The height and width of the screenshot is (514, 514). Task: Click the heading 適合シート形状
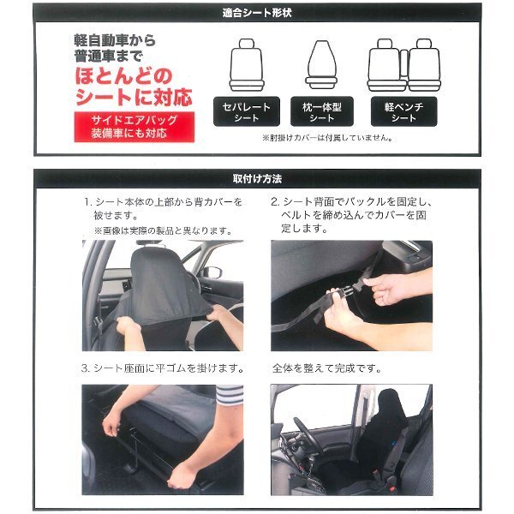click(257, 13)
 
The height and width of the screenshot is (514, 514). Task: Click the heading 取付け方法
click(257, 179)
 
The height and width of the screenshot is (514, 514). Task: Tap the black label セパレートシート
click(247, 111)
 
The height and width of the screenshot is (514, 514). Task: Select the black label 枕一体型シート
click(322, 111)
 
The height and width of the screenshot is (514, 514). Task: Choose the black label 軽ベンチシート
click(403, 111)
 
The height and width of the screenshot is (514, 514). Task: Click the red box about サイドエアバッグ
click(134, 127)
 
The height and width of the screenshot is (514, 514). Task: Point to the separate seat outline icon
click(247, 65)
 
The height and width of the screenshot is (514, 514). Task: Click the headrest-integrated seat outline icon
click(322, 64)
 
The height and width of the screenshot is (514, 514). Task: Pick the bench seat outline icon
click(403, 65)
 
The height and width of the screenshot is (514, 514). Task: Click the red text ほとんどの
click(123, 75)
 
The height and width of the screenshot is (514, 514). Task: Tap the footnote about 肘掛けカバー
click(327, 138)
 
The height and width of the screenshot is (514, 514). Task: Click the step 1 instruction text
click(163, 208)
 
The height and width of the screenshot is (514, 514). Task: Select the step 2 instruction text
click(351, 215)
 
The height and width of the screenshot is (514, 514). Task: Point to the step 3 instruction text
click(163, 368)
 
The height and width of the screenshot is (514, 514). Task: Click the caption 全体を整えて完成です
click(327, 368)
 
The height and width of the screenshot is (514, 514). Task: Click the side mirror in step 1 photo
click(212, 272)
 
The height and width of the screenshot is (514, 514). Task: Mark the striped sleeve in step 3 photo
click(230, 395)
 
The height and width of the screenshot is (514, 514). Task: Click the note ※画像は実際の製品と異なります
click(164, 230)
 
